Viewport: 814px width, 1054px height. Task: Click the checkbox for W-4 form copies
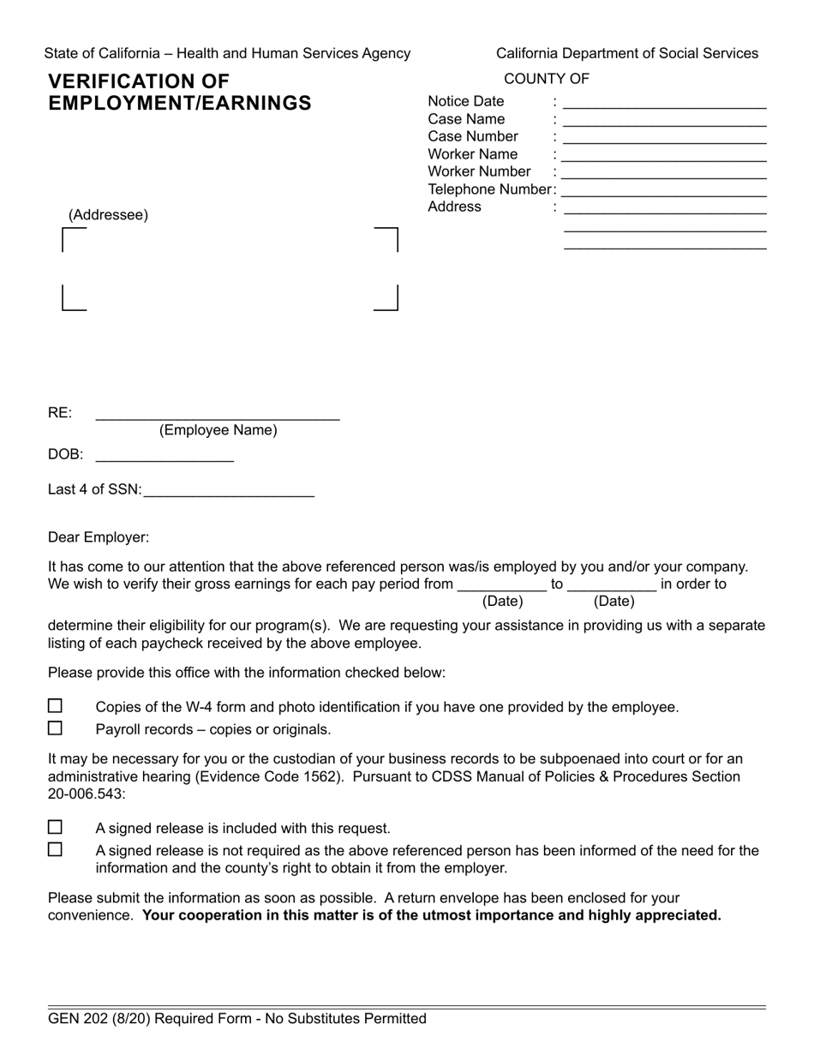(x=55, y=706)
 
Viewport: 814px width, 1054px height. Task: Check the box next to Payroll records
(x=55, y=728)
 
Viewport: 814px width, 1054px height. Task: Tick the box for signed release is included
(x=55, y=828)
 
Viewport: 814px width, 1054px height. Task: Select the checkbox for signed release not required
(x=55, y=850)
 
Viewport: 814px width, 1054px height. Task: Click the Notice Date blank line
(x=665, y=103)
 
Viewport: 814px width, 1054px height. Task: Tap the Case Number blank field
(x=665, y=138)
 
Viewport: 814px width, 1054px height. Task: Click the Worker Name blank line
(x=665, y=156)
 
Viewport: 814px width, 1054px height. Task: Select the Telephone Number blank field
(x=665, y=191)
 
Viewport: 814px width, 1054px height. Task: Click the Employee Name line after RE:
(x=218, y=415)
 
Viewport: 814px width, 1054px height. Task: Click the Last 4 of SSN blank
(x=229, y=491)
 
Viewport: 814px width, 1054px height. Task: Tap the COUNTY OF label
(x=547, y=79)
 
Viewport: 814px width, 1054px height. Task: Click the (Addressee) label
(x=108, y=215)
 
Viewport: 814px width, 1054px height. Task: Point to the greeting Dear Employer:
(x=99, y=537)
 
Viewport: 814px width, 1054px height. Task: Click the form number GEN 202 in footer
(x=84, y=1019)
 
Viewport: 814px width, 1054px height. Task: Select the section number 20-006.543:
(x=87, y=793)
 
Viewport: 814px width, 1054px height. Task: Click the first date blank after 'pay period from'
(x=502, y=585)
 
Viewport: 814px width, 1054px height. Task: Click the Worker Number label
(x=479, y=171)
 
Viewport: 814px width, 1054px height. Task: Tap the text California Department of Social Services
(x=627, y=53)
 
